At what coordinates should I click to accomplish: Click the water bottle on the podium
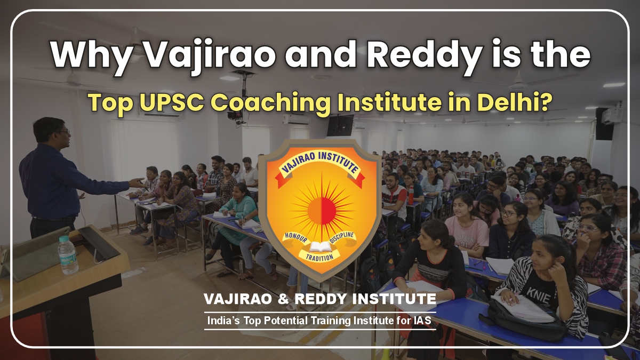[67, 255]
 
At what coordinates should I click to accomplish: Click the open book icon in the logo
[320, 247]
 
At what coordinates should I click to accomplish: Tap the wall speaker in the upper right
[604, 124]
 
